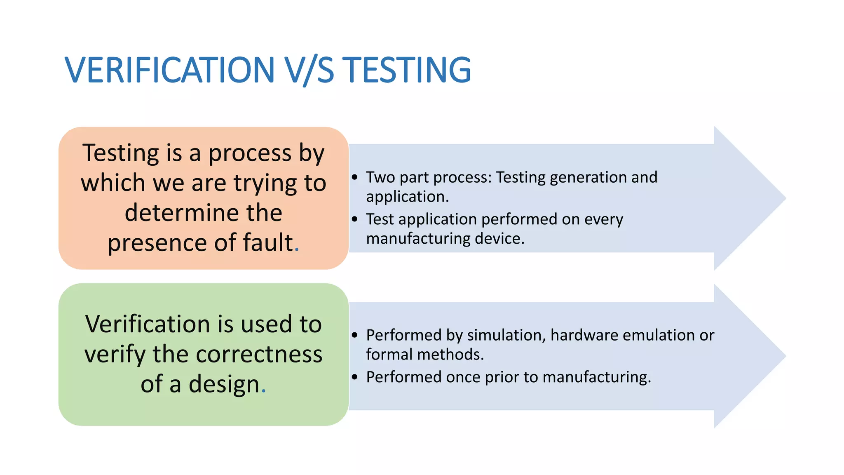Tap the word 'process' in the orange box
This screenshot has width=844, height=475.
[250, 153]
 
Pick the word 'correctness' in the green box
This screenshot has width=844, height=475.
[259, 354]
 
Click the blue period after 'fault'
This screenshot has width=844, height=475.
[297, 250]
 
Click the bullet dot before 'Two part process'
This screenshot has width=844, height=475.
[355, 177]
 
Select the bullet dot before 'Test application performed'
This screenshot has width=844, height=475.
[355, 219]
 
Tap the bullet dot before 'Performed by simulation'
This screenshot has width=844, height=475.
[355, 335]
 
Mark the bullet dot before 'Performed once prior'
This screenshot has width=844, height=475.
[355, 377]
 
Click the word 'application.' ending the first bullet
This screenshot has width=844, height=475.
[407, 197]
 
